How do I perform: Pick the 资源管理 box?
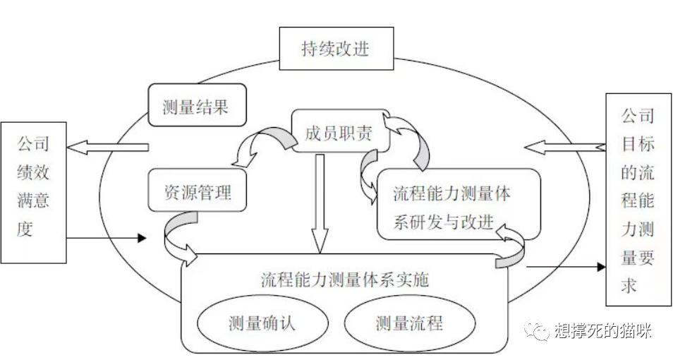(198, 190)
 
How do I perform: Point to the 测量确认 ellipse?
(262, 323)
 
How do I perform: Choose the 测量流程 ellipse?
(409, 323)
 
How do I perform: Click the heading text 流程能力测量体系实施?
(345, 278)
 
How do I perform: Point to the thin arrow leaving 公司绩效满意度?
(106, 239)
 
